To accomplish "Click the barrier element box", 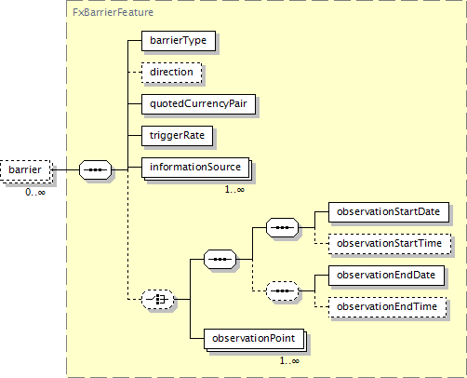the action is click(x=25, y=170).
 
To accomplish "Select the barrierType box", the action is click(x=179, y=41).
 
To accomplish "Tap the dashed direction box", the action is click(x=171, y=73).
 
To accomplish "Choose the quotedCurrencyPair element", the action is click(x=198, y=104).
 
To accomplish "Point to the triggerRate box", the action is click(x=177, y=136).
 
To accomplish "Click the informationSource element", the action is click(x=195, y=168).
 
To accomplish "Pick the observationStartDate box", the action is click(x=389, y=212).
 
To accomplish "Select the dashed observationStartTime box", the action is click(x=390, y=244).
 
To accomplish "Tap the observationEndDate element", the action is click(x=386, y=276).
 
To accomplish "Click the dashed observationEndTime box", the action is click(x=387, y=307).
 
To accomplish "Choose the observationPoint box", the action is click(x=254, y=339).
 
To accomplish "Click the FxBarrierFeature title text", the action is click(x=113, y=12).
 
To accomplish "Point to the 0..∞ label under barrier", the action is click(x=35, y=193).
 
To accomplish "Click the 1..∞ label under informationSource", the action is click(x=234, y=189).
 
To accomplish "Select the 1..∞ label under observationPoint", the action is click(x=289, y=360).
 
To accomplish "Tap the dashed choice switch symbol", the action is click(x=157, y=299).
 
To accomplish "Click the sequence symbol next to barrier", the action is click(x=95, y=170).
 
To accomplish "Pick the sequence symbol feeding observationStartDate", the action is click(x=282, y=227).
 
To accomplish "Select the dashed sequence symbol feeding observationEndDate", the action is click(x=282, y=291).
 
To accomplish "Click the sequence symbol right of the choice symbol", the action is click(x=220, y=259).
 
